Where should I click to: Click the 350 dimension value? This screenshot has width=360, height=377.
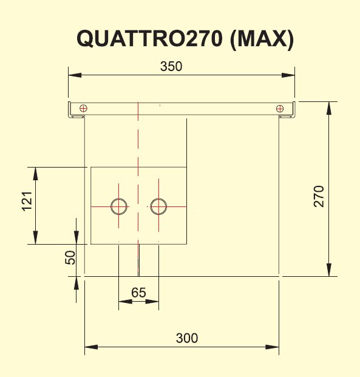[x=171, y=66]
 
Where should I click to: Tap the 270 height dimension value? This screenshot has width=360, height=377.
[x=319, y=196]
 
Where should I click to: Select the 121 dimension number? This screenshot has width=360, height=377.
[x=27, y=202]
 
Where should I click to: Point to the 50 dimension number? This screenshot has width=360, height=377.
[x=70, y=257]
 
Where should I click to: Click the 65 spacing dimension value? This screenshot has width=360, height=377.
[x=138, y=293]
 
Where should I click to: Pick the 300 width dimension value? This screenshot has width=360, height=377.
[x=187, y=338]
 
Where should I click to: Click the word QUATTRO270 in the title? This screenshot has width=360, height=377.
[x=149, y=38]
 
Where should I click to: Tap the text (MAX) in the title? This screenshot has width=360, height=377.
[x=262, y=39]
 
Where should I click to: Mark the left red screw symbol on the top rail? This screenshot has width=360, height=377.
[x=83, y=109]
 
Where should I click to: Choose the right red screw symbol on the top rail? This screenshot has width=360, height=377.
[x=280, y=109]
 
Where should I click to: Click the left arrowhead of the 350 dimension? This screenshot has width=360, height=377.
[x=75, y=75]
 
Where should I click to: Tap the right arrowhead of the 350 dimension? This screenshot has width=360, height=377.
[x=288, y=75]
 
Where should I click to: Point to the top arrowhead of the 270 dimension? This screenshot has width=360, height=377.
[x=329, y=108]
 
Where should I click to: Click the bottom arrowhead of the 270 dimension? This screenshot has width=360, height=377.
[x=329, y=270]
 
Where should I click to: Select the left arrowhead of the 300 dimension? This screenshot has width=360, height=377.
[x=91, y=347]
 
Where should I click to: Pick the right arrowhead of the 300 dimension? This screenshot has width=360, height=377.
[x=272, y=347]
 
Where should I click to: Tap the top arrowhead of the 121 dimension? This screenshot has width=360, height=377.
[x=36, y=174]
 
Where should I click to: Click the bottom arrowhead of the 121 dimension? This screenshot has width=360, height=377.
[x=36, y=237]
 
